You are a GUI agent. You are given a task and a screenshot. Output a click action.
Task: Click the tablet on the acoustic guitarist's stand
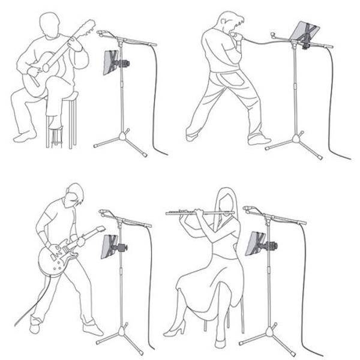tap(111, 62)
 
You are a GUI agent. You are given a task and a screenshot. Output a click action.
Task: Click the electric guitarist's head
tap(74, 196)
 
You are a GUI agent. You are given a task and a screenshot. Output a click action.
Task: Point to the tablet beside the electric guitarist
tap(109, 245)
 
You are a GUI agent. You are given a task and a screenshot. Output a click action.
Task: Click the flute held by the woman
tap(198, 212)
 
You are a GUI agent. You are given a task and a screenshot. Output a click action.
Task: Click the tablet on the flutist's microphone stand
tap(256, 242)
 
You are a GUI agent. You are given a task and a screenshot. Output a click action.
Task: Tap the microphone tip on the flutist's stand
tap(247, 209)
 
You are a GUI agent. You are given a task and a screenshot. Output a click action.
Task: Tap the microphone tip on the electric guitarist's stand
tap(103, 212)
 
